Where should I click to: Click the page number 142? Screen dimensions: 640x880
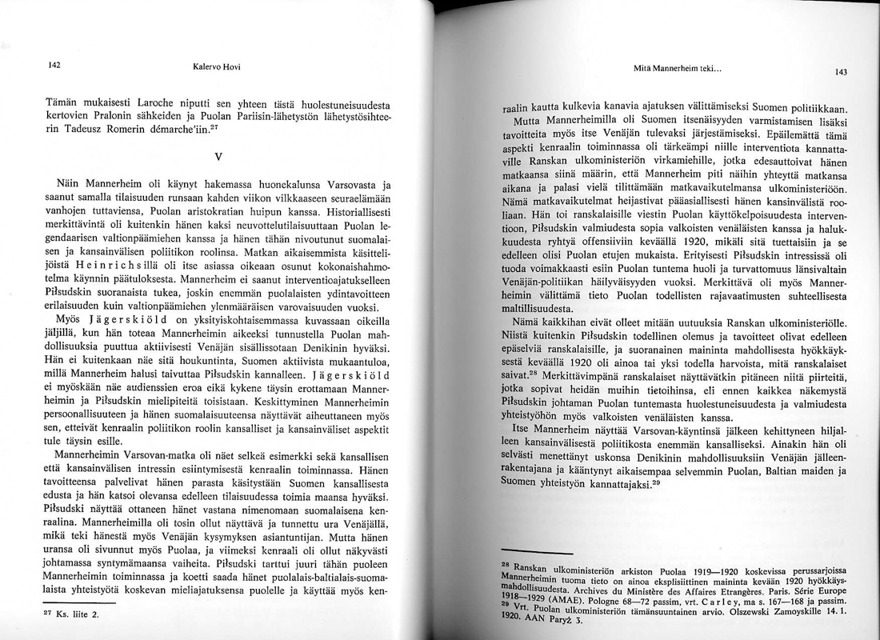(54, 66)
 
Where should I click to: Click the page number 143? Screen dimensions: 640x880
(841, 72)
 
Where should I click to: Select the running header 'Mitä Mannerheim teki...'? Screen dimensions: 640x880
(682, 70)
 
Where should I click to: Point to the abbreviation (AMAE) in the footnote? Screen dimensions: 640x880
(570, 598)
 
